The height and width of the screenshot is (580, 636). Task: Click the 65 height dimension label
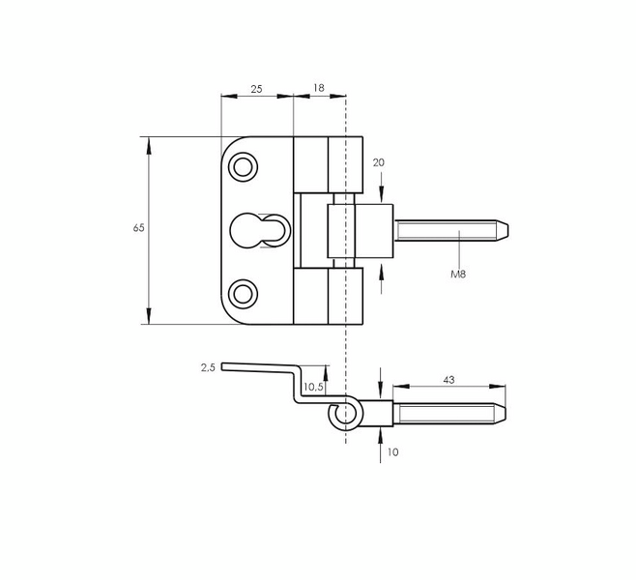(x=139, y=228)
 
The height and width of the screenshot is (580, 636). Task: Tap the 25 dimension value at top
(x=256, y=89)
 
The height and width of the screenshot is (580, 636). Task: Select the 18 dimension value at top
(x=319, y=88)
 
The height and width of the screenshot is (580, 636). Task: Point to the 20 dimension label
(x=379, y=162)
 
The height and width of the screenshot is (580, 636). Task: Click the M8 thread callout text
(x=458, y=275)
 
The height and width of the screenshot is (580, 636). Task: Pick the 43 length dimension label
(x=448, y=380)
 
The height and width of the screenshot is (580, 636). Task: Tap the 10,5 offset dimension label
(x=313, y=388)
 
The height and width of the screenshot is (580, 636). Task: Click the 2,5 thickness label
(x=208, y=368)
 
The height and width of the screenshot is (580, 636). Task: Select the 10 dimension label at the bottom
(x=393, y=452)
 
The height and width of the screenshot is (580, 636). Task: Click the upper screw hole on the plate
(x=243, y=166)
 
